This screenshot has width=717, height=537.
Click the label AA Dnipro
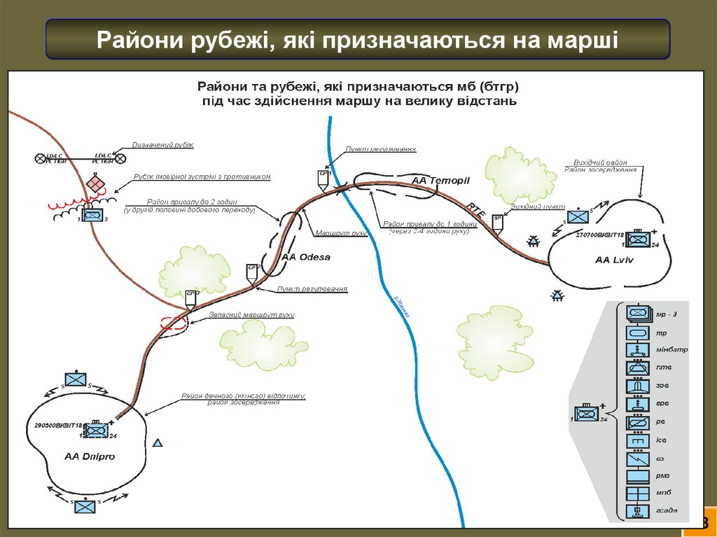89,456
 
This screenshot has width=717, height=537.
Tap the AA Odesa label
305,258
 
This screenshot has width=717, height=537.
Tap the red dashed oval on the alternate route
173,323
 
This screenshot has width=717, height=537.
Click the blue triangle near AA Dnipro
158,442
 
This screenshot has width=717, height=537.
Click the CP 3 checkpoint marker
190,298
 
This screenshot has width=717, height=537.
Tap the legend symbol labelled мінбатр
637,349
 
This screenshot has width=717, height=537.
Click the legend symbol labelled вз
637,459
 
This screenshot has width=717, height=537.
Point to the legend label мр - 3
667,312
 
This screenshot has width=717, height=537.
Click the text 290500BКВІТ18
59,425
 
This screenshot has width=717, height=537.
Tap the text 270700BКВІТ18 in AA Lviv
599,236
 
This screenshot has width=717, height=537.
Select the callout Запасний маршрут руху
251,315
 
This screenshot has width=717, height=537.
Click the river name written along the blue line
401,306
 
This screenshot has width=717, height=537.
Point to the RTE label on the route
476,208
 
